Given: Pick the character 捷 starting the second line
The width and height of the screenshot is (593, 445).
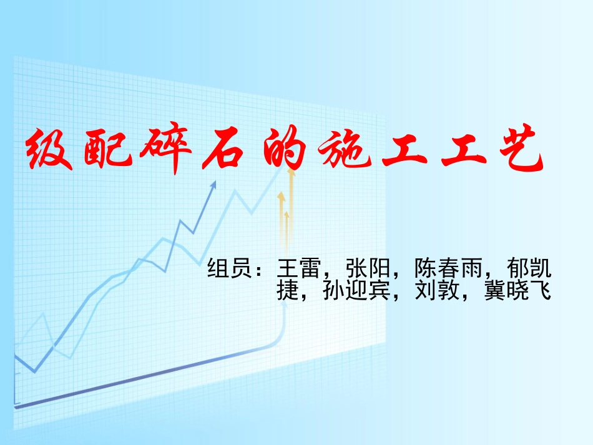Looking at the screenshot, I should tap(288, 291).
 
